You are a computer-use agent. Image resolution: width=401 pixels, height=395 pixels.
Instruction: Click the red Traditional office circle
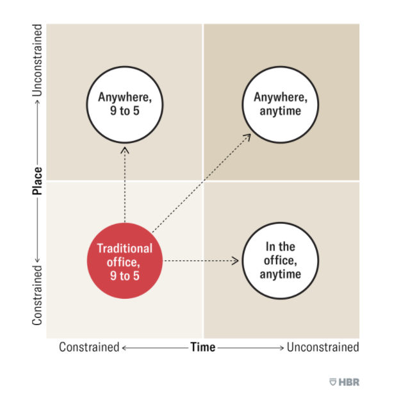pyautogui.click(x=125, y=260)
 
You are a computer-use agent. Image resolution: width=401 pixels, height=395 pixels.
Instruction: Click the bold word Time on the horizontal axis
pyautogui.click(x=203, y=348)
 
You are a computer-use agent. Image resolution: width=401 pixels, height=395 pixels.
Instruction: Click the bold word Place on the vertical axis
pyautogui.click(x=37, y=181)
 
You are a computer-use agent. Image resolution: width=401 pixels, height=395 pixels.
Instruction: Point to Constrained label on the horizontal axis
pyautogui.click(x=89, y=348)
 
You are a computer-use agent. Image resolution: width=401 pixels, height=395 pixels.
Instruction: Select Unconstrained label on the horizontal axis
pyautogui.click(x=323, y=348)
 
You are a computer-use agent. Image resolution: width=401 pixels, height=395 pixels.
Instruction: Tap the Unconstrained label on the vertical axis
pyautogui.click(x=37, y=60)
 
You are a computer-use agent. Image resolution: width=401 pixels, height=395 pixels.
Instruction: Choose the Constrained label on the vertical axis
pyautogui.click(x=37, y=296)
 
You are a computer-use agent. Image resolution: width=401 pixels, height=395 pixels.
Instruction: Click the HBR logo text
pyautogui.click(x=349, y=382)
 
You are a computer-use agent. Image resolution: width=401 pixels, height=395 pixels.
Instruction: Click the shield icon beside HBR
pyautogui.click(x=332, y=382)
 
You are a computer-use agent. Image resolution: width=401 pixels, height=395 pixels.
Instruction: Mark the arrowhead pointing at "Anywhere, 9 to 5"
pyautogui.click(x=124, y=150)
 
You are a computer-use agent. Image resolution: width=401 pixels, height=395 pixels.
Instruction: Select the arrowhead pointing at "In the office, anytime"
pyautogui.click(x=236, y=260)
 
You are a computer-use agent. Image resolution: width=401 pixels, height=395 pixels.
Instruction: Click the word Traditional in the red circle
pyautogui.click(x=125, y=248)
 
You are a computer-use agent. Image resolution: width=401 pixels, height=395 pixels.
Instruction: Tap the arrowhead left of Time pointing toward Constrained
pyautogui.click(x=124, y=348)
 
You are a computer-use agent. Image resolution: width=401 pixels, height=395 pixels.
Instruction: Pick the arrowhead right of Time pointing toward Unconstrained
pyautogui.click(x=282, y=348)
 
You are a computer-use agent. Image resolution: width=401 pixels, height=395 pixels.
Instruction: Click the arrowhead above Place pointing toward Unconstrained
pyautogui.click(x=37, y=103)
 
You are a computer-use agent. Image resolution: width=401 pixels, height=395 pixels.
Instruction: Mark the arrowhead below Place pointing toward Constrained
pyautogui.click(x=37, y=260)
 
